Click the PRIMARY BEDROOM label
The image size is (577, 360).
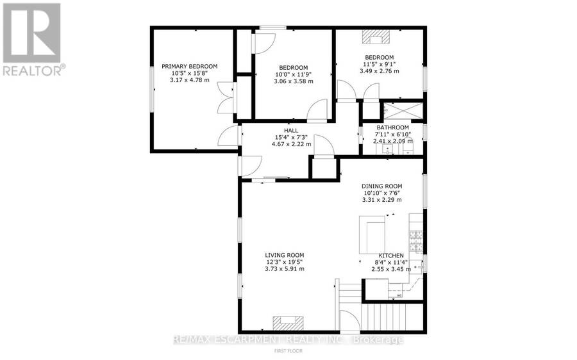190,66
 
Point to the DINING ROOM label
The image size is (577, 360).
381,186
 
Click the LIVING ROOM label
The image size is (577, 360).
285,255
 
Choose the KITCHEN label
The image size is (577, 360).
391,256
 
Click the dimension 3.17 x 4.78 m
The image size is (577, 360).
190,80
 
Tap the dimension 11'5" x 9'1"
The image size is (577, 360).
379,64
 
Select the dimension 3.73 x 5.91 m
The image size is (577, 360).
285,269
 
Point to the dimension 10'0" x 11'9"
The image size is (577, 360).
293,74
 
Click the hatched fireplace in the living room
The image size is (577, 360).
288,323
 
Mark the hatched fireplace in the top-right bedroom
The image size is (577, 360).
376,37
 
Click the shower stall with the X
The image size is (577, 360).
403,110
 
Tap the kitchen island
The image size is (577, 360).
372,235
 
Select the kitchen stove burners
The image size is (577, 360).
416,241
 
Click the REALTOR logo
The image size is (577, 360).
32,39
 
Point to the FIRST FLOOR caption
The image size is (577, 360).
288,351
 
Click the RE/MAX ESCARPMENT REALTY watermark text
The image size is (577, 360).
288,340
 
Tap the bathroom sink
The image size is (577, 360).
387,149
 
